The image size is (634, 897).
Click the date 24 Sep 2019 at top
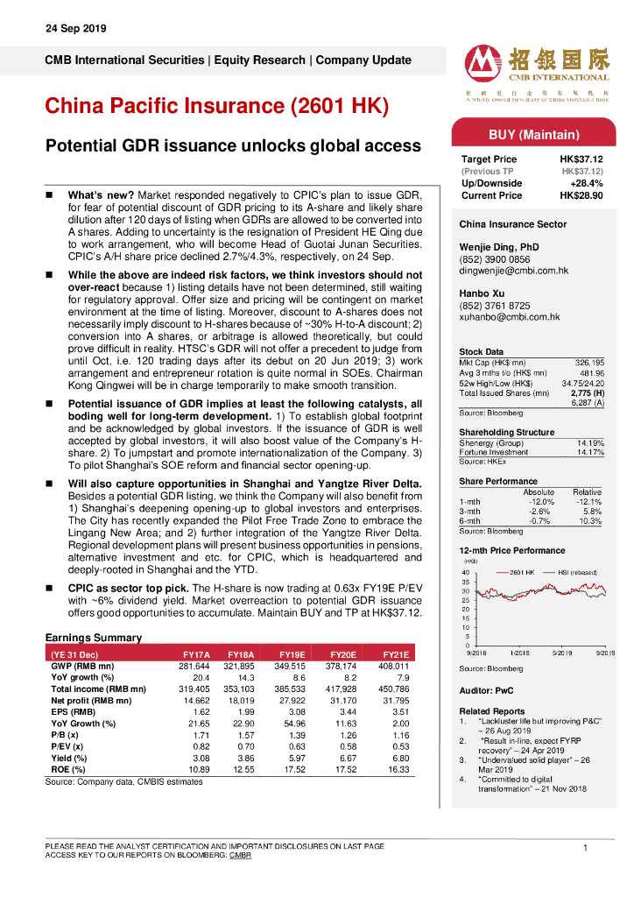pyautogui.click(x=75, y=29)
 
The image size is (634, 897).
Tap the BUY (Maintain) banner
pyautogui.click(x=533, y=135)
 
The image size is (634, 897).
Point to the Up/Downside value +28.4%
pyautogui.click(x=586, y=184)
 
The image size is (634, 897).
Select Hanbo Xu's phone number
pyautogui.click(x=497, y=306)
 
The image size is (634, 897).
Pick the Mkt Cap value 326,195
pyautogui.click(x=588, y=362)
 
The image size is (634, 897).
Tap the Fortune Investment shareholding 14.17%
pyautogui.click(x=589, y=452)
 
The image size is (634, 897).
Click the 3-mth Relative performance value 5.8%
pyautogui.click(x=592, y=511)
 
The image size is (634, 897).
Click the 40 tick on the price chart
pyautogui.click(x=465, y=573)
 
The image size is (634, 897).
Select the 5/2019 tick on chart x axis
pyautogui.click(x=562, y=653)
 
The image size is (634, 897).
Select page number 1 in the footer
pyautogui.click(x=584, y=847)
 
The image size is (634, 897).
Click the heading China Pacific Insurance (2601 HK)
pyautogui.click(x=216, y=106)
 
